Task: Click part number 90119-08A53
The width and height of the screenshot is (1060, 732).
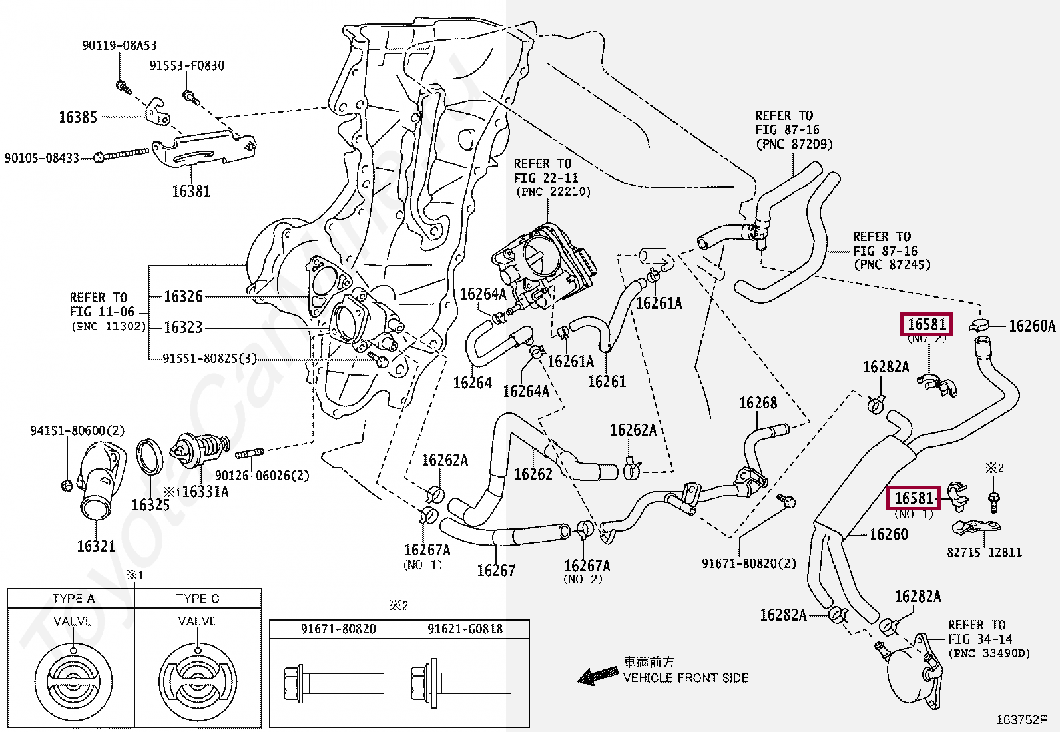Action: point(119,45)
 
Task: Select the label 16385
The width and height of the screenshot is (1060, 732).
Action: point(78,117)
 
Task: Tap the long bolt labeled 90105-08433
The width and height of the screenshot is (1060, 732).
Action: point(124,155)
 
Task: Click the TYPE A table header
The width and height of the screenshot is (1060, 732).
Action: point(73,598)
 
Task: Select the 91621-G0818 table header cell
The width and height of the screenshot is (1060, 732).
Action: point(465,629)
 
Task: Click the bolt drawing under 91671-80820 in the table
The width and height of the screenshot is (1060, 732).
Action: point(333,683)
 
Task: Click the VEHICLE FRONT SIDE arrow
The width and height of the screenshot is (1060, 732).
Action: point(597,676)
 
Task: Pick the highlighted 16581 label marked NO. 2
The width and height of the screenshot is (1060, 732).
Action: point(926,324)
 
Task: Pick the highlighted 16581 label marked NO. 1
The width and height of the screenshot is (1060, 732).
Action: point(913,498)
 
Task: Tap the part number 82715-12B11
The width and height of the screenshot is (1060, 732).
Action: point(984,552)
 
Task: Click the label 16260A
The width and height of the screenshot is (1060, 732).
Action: point(1031,326)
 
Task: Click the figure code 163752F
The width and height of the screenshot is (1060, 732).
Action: point(1021,719)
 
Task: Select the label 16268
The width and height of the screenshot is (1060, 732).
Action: point(758,402)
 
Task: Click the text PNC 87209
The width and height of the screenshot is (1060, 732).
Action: point(794,144)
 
